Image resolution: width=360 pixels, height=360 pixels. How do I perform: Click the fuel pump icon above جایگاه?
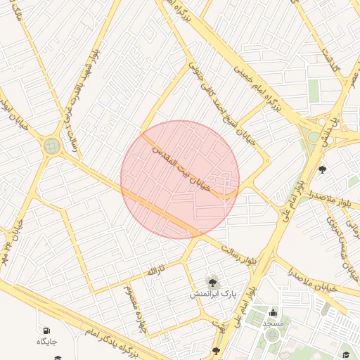(x=46, y=330)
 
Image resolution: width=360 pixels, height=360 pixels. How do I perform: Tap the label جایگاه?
(x=46, y=342)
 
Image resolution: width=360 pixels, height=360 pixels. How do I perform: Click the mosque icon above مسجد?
(x=273, y=312)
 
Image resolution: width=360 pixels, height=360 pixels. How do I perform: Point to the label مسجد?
(x=273, y=323)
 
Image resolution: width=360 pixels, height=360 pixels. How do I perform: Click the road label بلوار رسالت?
(x=235, y=254)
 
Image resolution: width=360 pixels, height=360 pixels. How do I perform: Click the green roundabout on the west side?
(x=52, y=146)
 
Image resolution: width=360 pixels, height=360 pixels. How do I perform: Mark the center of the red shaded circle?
(x=180, y=179)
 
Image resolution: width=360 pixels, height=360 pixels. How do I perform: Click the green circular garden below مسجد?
(x=272, y=336)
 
